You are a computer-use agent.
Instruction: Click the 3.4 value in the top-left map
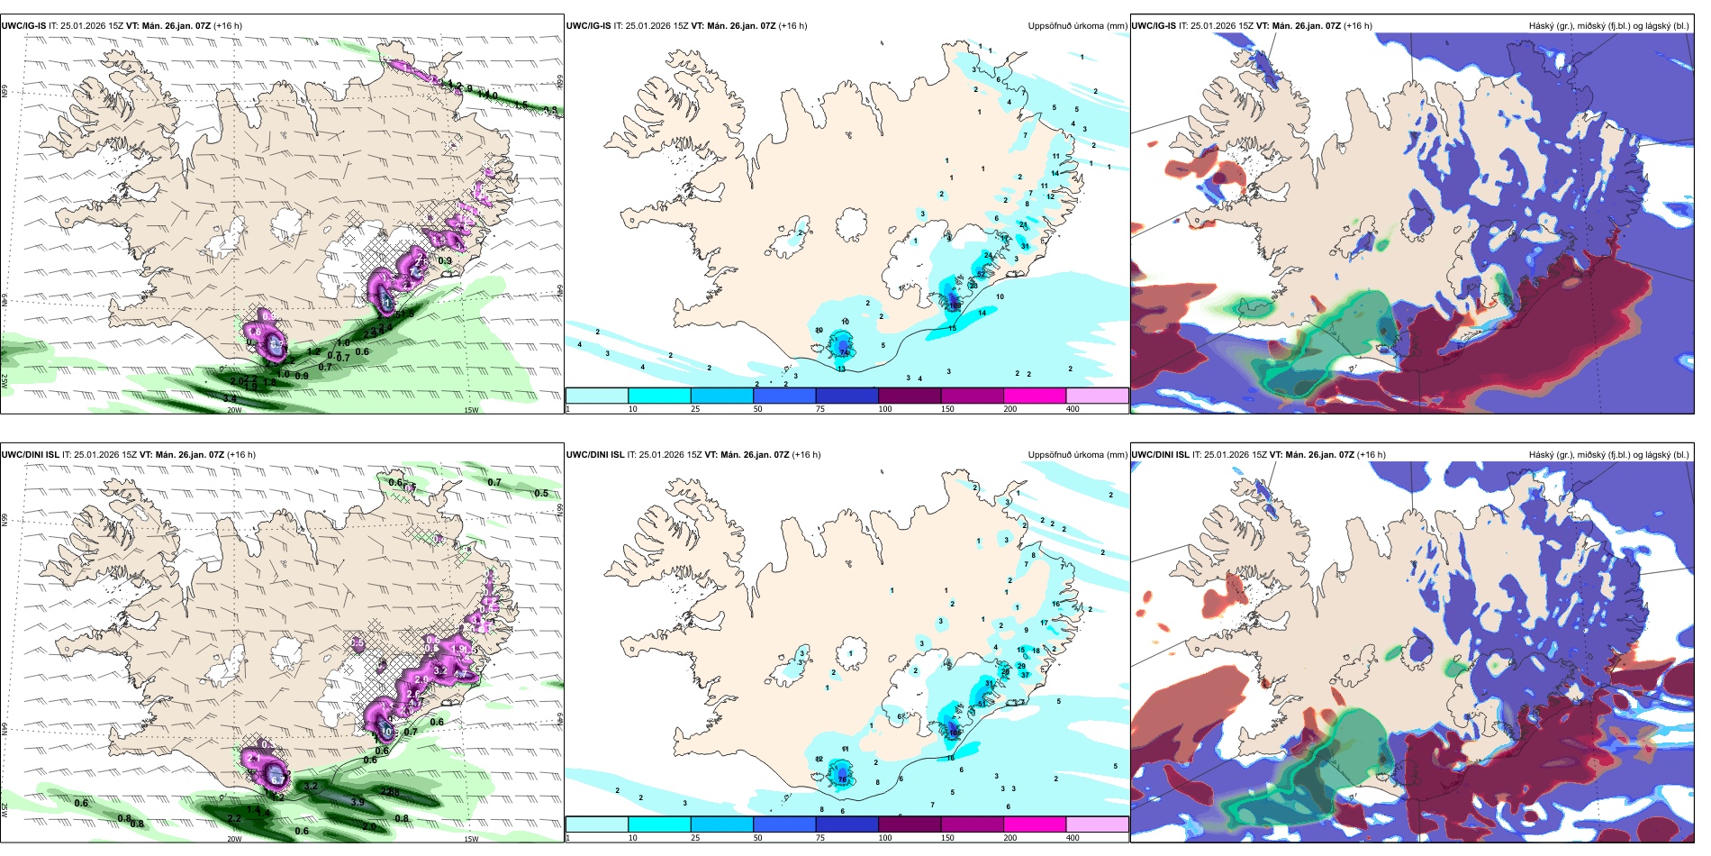[230, 398]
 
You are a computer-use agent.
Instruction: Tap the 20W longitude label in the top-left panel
[234, 410]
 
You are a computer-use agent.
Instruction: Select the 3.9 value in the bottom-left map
[358, 802]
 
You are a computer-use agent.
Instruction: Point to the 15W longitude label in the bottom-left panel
[471, 839]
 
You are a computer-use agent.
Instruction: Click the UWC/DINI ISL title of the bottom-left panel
[31, 455]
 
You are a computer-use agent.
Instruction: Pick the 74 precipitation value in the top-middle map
[845, 352]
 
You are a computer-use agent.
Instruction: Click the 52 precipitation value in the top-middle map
[981, 274]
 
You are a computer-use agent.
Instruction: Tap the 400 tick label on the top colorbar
[1073, 409]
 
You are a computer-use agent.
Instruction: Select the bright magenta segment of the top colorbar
[1034, 396]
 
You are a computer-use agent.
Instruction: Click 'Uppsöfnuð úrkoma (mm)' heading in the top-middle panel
[1077, 26]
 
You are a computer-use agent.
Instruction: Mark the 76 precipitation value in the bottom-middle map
[843, 777]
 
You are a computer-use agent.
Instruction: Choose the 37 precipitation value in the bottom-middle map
[1025, 674]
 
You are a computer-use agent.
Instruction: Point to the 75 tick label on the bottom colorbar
[820, 838]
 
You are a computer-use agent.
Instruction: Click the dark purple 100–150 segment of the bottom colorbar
[909, 824]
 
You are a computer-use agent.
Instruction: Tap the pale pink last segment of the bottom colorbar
[1097, 824]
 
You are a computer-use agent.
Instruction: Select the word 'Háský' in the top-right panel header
[1543, 26]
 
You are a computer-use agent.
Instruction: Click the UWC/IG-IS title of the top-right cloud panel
[1154, 26]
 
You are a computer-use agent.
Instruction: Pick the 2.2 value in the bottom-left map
[234, 818]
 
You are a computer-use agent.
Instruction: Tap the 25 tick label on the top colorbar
[695, 409]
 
